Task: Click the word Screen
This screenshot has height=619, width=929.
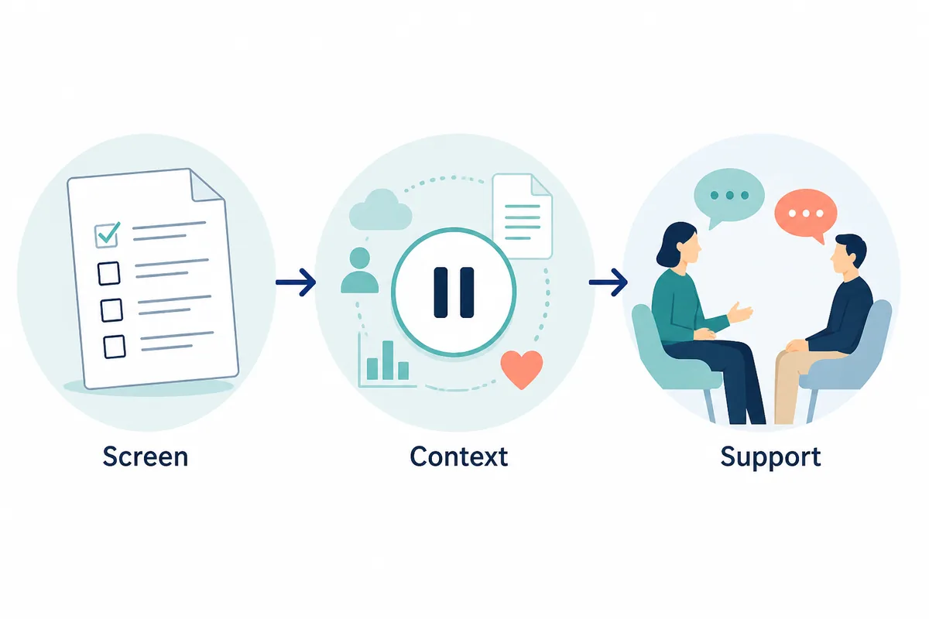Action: coord(146,457)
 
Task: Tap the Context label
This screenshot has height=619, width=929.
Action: coord(458,457)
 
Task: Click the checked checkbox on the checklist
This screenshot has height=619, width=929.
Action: coord(107,235)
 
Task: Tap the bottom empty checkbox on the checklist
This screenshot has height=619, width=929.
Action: coord(115,347)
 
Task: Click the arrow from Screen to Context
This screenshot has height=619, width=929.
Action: coord(296,282)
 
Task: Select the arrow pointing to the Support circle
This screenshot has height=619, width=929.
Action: coord(608,282)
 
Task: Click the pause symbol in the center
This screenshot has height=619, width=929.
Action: coord(454,292)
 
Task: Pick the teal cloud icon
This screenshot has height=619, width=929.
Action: coord(380,210)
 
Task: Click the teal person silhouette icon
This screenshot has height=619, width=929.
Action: coord(359,271)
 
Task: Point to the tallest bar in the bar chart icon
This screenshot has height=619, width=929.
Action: coord(388,361)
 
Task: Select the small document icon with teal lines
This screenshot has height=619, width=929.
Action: coord(523,216)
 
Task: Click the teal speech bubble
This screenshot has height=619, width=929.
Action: coord(728,196)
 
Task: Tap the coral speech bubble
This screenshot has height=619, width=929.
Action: coord(805,214)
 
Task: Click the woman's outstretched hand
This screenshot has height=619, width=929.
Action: coord(740,312)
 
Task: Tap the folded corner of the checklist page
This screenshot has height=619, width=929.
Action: coord(206,186)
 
